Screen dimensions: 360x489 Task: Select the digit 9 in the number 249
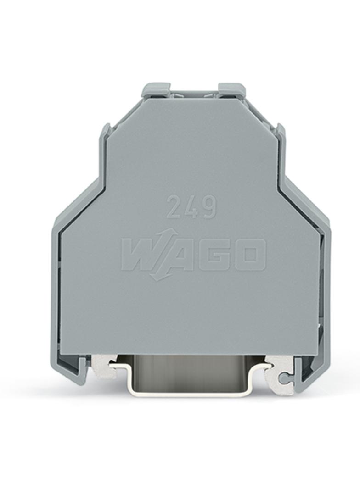(x=208, y=207)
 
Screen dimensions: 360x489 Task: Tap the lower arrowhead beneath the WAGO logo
(x=156, y=275)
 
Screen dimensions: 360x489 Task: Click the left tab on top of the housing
(x=155, y=90)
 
